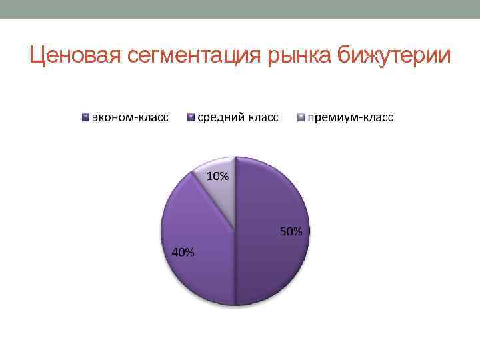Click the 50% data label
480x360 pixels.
tap(290, 232)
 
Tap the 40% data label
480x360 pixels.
tap(183, 253)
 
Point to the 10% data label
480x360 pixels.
tap(218, 177)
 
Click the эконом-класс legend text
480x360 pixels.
tap(130, 118)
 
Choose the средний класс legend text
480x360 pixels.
tap(237, 118)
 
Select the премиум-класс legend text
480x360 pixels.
tap(350, 118)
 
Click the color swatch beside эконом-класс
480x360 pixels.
tap(85, 118)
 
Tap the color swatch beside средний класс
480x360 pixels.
tap(191, 118)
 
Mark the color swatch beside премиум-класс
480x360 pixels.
tap(301, 118)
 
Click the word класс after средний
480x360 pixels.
tap(263, 118)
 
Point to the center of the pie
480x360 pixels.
tap(235, 231)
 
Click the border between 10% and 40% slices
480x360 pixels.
tap(213, 201)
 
